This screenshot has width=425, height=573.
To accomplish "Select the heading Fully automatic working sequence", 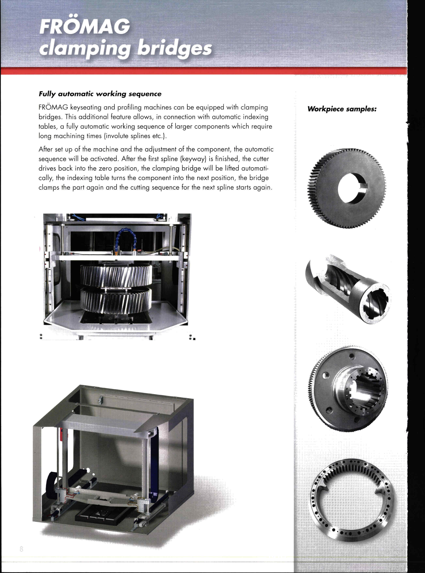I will click(x=100, y=94).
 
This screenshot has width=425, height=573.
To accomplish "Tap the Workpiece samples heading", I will click(x=342, y=109).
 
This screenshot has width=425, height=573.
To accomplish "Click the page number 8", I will click(x=21, y=549).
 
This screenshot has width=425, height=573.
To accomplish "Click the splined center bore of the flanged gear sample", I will click(x=365, y=391).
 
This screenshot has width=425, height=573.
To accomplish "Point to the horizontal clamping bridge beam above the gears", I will click(x=116, y=257).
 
